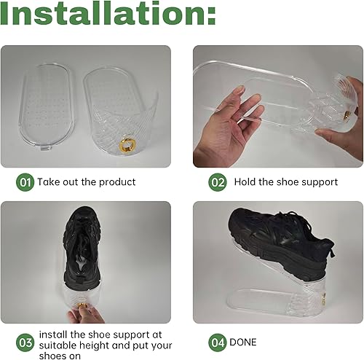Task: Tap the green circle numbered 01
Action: [x=25, y=181]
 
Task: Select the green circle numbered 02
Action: [x=218, y=181]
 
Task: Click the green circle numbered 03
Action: [x=25, y=341]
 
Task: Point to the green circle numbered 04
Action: [x=218, y=341]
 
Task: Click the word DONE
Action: [x=242, y=341]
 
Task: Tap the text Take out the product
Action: [x=87, y=181]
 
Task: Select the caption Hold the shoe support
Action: [x=285, y=181]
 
